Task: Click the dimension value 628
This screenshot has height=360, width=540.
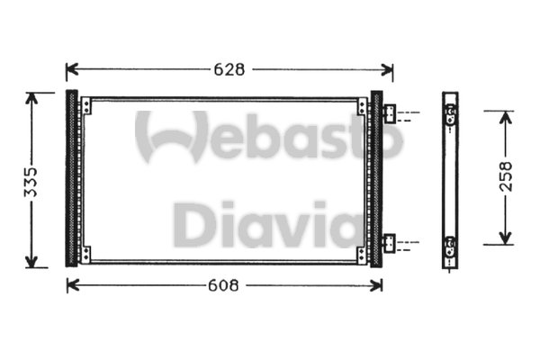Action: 230,69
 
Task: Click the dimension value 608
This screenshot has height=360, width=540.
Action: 223,285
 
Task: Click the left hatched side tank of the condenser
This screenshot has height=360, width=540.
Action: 71,178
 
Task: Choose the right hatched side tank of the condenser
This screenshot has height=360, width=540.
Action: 376,178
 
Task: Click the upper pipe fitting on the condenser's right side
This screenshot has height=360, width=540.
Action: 390,114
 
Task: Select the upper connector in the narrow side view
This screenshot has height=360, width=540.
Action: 451,114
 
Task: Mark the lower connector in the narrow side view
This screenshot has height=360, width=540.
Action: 451,242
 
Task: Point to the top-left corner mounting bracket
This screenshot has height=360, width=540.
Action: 85,106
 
